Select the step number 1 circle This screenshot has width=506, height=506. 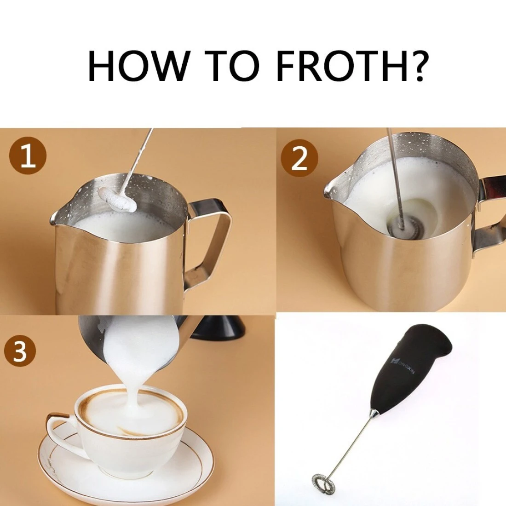pyautogui.click(x=28, y=157)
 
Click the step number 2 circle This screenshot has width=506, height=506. pyautogui.click(x=299, y=158)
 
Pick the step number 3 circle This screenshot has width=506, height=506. pyautogui.click(x=20, y=351)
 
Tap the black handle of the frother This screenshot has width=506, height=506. pyautogui.click(x=413, y=368)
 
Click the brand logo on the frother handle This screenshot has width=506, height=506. pyautogui.click(x=403, y=366)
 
